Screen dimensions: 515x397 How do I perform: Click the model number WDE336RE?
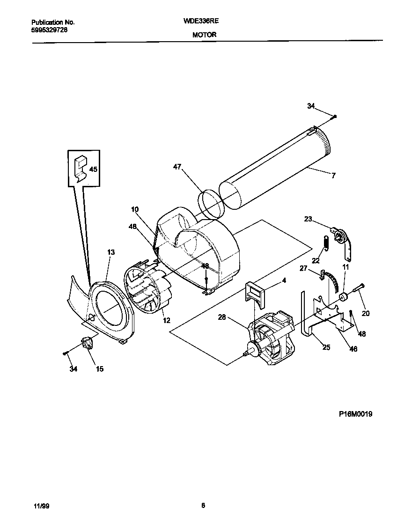coord(205,21)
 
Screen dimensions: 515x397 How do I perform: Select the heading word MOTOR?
coord(205,35)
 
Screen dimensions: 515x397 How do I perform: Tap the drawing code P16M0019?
coord(356,414)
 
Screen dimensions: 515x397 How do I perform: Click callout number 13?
coord(110,252)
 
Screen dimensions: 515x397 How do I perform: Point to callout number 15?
coord(100,369)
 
